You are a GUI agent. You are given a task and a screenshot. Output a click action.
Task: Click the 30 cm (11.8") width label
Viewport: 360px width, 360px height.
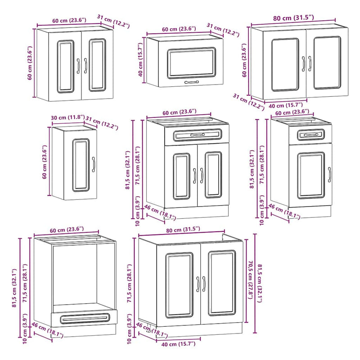(x=68, y=117)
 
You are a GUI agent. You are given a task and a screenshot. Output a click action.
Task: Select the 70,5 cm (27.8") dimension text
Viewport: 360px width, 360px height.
(x=250, y=279)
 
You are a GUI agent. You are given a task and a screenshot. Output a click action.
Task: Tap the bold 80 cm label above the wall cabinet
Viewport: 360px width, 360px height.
(x=293, y=18)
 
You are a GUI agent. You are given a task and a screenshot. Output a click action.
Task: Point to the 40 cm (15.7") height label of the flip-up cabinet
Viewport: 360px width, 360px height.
(x=140, y=60)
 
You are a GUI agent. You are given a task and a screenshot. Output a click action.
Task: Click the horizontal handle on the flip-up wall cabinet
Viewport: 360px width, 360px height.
(x=192, y=82)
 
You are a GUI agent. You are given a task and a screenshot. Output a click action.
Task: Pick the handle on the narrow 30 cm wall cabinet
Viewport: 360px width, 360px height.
(x=94, y=164)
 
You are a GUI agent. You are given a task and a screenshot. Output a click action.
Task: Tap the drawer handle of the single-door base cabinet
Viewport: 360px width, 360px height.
(x=311, y=135)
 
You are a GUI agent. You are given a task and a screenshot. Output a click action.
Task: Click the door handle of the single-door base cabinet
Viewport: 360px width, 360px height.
(x=329, y=175)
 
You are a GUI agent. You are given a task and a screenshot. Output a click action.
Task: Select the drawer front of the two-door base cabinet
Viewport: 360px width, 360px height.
(x=197, y=135)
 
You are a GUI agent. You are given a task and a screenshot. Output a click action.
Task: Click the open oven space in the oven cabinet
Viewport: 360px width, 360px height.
(x=75, y=275)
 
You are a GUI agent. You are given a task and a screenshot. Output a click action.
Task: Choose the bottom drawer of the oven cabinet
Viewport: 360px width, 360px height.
(x=84, y=318)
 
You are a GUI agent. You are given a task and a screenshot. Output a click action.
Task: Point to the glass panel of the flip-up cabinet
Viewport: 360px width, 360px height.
(x=192, y=63)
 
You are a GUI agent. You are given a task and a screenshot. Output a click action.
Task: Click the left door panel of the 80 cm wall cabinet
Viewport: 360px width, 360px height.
(x=285, y=65)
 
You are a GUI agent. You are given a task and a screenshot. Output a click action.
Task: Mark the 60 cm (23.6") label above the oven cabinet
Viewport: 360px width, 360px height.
(x=67, y=229)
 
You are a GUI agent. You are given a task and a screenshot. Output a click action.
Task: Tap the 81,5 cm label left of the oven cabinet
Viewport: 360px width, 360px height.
(x=14, y=288)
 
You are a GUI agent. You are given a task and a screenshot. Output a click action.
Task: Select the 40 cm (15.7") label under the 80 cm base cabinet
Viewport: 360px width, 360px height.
(x=178, y=344)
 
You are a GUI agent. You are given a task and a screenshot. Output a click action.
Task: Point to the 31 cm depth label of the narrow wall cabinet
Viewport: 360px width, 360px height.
(x=102, y=123)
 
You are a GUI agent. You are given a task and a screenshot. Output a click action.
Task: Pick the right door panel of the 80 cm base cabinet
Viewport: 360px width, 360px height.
(x=222, y=283)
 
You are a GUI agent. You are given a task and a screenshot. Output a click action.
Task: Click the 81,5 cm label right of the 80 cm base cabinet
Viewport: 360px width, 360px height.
(x=260, y=283)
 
